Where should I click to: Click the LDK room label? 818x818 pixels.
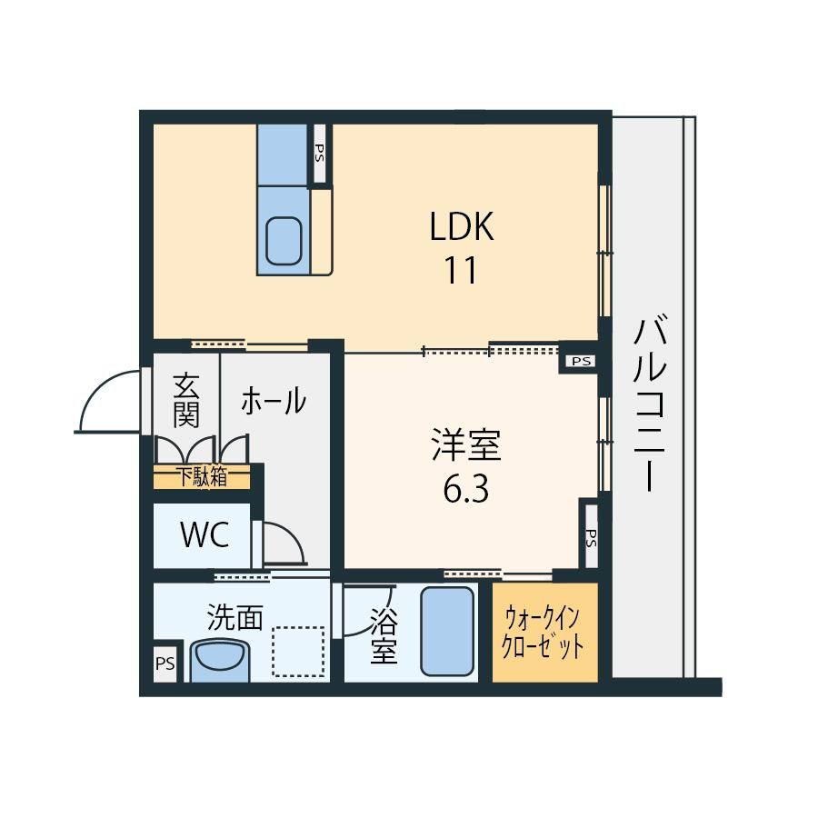(x=462, y=226)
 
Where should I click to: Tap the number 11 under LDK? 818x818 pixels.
(x=461, y=270)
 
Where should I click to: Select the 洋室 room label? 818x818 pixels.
(x=466, y=445)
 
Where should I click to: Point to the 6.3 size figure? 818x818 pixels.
(x=466, y=489)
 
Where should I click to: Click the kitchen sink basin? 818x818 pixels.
(x=284, y=241)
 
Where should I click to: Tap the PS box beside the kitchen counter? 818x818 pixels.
(x=319, y=153)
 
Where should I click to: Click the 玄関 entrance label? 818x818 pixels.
(x=186, y=401)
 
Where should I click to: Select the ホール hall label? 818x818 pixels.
(x=274, y=401)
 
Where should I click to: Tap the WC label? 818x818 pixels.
(x=204, y=534)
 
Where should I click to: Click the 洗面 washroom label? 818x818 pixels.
(x=234, y=617)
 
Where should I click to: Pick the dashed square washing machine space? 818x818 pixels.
(x=298, y=652)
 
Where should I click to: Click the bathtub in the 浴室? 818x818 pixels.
(x=447, y=632)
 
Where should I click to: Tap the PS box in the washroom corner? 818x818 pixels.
(x=165, y=664)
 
